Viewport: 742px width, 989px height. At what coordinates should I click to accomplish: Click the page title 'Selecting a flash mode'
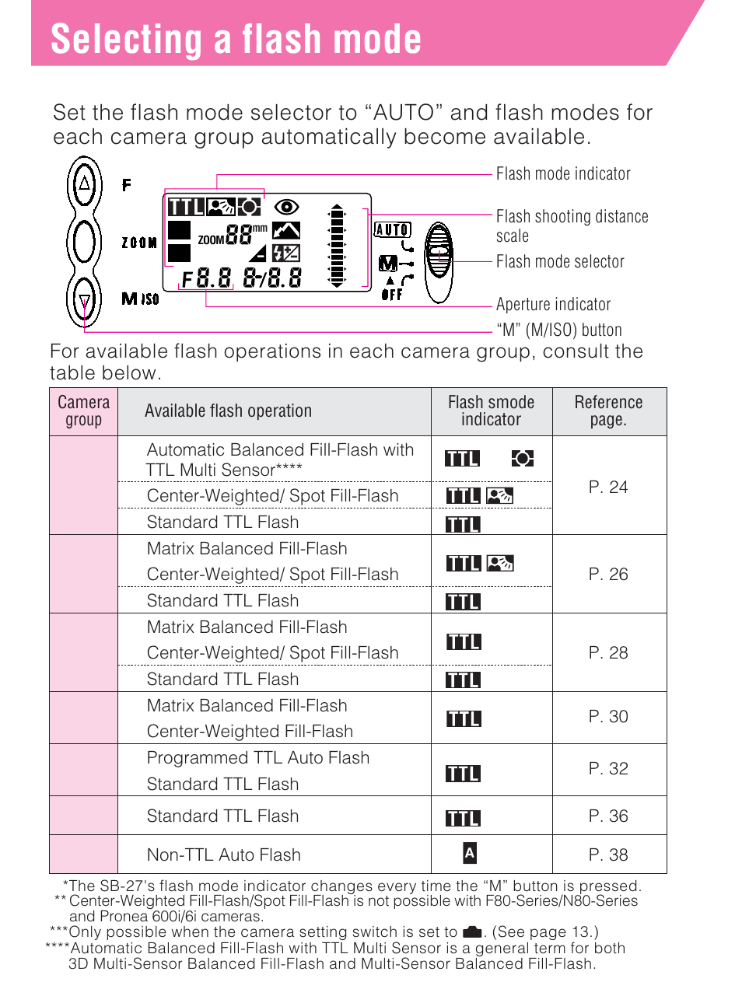(x=236, y=39)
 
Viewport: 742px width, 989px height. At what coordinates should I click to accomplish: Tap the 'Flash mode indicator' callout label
(x=563, y=173)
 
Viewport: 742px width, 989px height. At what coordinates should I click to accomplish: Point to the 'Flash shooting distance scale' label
(x=572, y=225)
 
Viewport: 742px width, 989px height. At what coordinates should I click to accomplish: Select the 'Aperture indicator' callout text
(x=553, y=304)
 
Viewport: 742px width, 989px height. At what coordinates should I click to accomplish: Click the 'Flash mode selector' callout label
(x=560, y=261)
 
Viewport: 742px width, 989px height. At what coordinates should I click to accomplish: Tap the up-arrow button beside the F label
(x=84, y=184)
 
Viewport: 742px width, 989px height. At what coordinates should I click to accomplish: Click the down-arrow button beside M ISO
(x=84, y=301)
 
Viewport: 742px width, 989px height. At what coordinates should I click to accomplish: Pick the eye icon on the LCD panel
(x=286, y=207)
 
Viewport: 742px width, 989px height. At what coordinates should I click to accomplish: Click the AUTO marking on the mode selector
(x=392, y=229)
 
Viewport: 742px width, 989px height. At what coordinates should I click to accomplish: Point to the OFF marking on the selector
(x=392, y=295)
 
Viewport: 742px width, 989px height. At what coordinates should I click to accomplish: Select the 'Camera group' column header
(x=84, y=411)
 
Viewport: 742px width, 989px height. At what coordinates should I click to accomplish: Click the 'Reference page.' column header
(x=608, y=411)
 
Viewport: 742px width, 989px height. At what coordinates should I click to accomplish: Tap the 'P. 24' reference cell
(x=608, y=487)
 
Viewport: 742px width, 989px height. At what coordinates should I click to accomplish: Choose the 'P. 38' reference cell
(x=608, y=854)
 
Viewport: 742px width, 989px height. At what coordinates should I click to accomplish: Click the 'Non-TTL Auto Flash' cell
(x=224, y=854)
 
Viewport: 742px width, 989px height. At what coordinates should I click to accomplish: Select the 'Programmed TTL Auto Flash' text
(x=258, y=757)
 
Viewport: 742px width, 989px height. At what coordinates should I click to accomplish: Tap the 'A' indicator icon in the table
(x=469, y=853)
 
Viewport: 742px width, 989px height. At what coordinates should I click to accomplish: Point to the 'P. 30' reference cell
(x=608, y=716)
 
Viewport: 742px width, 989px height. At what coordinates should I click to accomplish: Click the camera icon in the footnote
(x=472, y=931)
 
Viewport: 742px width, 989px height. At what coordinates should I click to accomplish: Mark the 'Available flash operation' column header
(x=228, y=411)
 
